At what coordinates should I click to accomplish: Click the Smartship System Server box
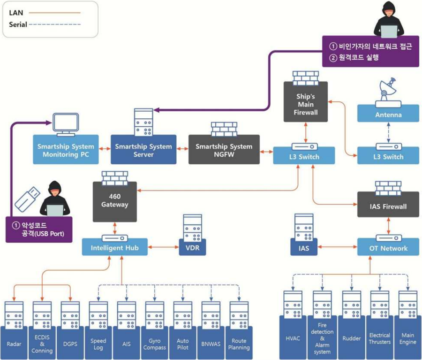coord(143,150)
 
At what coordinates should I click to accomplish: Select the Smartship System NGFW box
coord(224,150)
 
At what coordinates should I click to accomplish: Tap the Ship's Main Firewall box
coord(304,104)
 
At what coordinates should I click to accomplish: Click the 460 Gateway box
coord(115,201)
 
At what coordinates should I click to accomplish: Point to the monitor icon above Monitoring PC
coord(65,125)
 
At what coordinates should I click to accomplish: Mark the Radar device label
coord(14,344)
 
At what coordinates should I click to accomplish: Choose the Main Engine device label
coord(407,338)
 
